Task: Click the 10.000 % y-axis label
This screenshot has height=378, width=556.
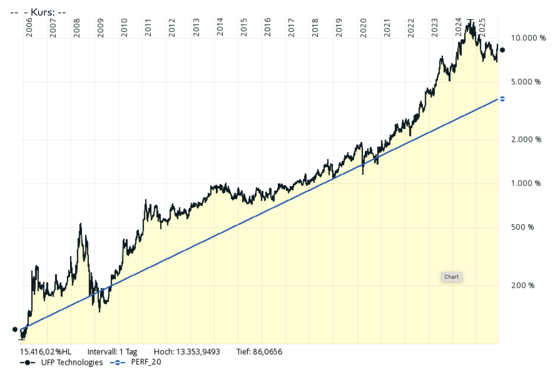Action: click(528, 38)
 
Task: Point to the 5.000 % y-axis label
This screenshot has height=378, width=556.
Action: click(526, 81)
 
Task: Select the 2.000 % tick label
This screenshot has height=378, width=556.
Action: click(526, 139)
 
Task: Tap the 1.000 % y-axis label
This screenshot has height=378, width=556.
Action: click(526, 183)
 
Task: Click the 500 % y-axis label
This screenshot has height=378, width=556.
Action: click(523, 227)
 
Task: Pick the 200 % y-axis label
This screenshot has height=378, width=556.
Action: click(523, 285)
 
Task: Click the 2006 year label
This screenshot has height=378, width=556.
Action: click(29, 28)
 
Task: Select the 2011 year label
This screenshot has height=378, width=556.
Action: click(148, 28)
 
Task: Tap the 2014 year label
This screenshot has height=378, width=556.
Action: click(220, 28)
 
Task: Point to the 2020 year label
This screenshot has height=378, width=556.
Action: click(363, 28)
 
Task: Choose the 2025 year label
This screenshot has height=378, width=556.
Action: click(482, 28)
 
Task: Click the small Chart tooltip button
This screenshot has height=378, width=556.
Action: click(451, 277)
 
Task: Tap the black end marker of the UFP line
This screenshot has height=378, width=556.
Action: click(502, 50)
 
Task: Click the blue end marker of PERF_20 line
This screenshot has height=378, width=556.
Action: click(502, 99)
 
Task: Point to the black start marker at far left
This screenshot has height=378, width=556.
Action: click(15, 329)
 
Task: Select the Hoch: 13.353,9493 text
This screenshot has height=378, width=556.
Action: click(187, 352)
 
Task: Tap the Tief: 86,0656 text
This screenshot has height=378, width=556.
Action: click(259, 352)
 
